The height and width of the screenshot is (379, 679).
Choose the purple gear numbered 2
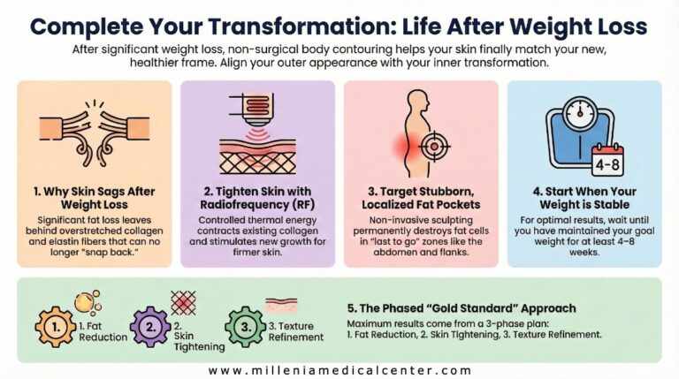pos(150,326)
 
